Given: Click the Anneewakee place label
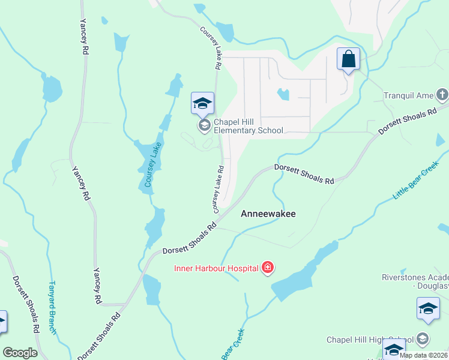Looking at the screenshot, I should [268, 214].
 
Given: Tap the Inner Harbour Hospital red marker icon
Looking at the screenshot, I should [268, 268].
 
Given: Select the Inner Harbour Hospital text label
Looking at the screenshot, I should [216, 268].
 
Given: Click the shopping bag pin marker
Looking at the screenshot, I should [348, 59].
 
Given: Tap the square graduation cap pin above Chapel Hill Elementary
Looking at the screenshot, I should [203, 103].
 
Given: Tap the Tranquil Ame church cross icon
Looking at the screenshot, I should [442, 94].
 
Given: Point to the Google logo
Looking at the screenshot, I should [20, 353].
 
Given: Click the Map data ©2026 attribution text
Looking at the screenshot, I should [423, 355].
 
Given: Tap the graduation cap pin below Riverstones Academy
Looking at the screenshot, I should [428, 308].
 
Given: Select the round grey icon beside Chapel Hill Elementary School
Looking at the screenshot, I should [203, 125].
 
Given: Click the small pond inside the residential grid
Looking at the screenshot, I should [283, 94].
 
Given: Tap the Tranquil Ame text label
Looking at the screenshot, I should [409, 95].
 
